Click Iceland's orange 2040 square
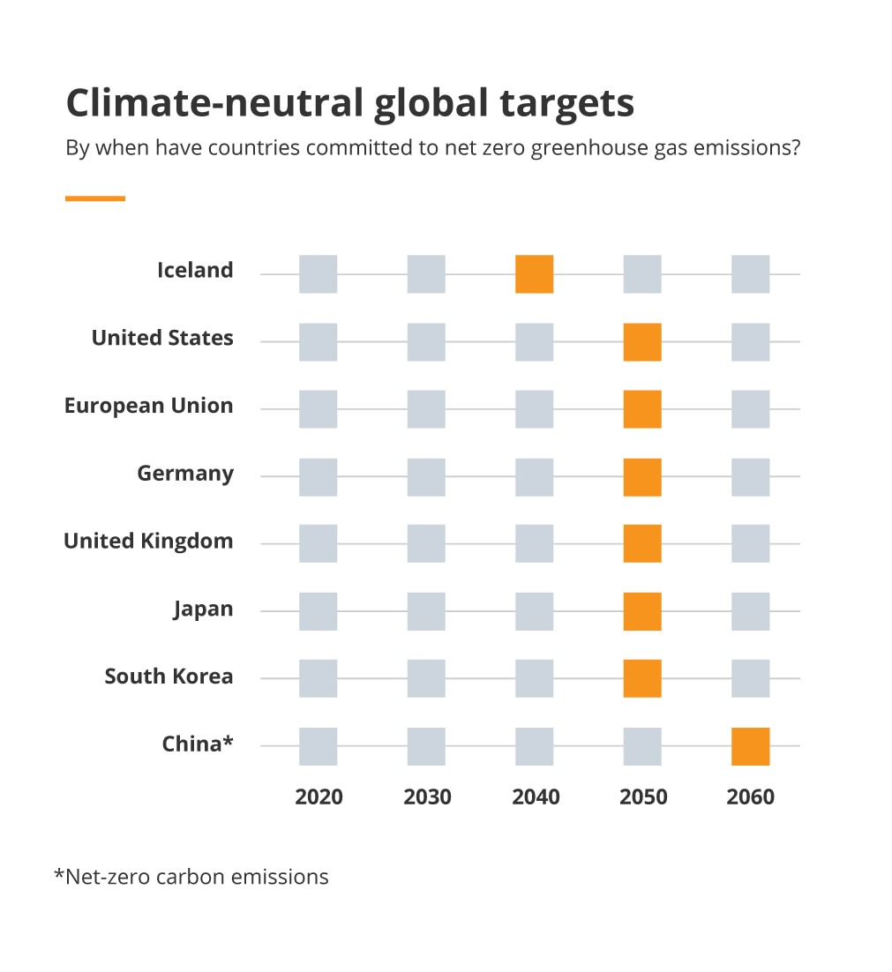coord(534,274)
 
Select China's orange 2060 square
coord(750,746)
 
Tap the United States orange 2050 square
coord(642,342)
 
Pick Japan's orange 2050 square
coord(642,611)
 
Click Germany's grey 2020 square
coord(318,476)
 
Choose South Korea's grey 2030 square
coord(426,678)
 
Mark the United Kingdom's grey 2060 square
coord(750,543)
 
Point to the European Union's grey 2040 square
coord(534,409)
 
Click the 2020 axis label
coord(319,797)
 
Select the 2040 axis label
coord(536,797)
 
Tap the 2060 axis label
coord(750,797)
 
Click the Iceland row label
coord(195,270)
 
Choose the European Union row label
coord(149,406)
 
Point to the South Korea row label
coord(169,677)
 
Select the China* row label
coord(198,744)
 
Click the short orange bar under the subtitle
coord(95,198)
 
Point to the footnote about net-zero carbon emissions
coord(191,877)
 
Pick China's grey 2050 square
coord(642,746)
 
